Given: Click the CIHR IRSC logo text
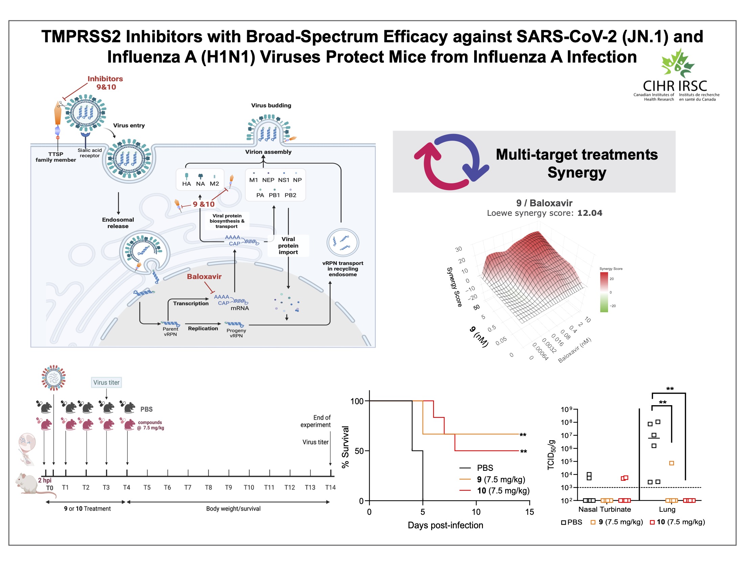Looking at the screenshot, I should pyautogui.click(x=675, y=86).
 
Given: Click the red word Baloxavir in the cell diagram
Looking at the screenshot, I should pyautogui.click(x=204, y=276).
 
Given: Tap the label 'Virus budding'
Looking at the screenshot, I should pyautogui.click(x=271, y=105).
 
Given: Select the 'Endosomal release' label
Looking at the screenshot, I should pyautogui.click(x=118, y=223).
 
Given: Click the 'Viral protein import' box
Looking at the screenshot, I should pyautogui.click(x=288, y=245).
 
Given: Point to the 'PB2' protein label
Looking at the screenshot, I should pyautogui.click(x=290, y=195).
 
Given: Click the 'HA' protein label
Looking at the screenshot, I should pyautogui.click(x=186, y=184).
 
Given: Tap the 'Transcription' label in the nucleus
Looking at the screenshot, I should pyautogui.click(x=191, y=303).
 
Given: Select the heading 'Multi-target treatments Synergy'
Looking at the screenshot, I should pyautogui.click(x=576, y=163).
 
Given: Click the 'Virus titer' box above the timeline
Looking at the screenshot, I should pyautogui.click(x=106, y=382).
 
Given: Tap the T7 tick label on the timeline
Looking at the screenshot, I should pyautogui.click(x=188, y=487).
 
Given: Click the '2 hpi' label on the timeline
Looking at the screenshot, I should pyautogui.click(x=45, y=480).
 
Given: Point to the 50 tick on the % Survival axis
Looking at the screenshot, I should pyautogui.click(x=359, y=451).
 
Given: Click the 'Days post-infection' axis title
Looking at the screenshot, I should pyautogui.click(x=445, y=525).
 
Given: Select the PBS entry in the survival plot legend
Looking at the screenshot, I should pyautogui.click(x=485, y=468).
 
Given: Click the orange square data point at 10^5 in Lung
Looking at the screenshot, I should pyautogui.click(x=671, y=463).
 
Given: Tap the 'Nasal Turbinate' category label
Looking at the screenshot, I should pyautogui.click(x=604, y=509).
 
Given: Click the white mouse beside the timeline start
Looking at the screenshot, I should pyautogui.click(x=27, y=483).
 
